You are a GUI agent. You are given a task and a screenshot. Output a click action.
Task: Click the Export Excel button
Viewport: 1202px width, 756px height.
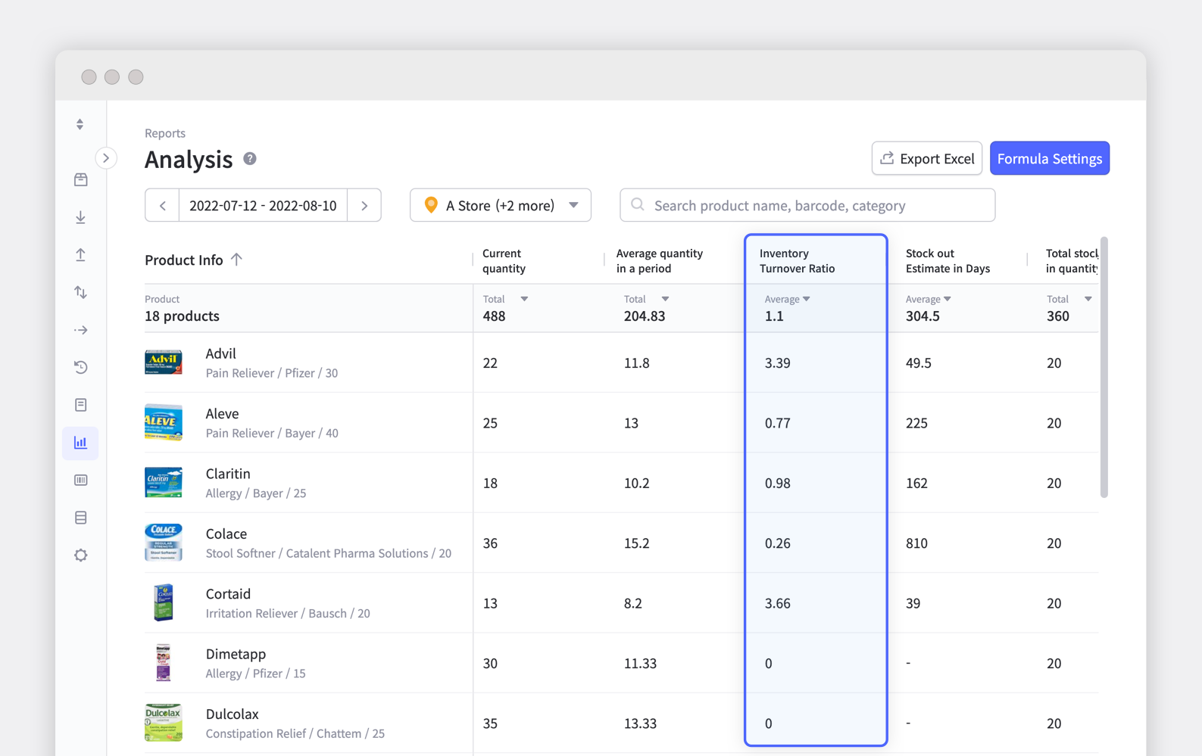coord(926,158)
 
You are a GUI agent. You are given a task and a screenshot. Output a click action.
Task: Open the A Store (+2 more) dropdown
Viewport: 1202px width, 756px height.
coord(500,205)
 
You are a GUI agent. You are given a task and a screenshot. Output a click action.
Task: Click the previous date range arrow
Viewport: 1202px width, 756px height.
coord(162,205)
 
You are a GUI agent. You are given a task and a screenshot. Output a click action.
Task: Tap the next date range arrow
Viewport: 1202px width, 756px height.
coord(364,205)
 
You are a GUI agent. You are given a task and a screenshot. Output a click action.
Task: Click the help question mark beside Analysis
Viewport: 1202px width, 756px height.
coord(250,158)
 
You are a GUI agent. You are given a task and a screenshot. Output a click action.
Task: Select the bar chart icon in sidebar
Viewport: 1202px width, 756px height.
coord(80,443)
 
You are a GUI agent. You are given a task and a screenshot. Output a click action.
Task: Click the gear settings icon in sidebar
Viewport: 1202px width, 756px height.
coord(80,555)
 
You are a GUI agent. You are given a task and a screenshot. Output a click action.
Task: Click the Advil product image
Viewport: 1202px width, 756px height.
coord(164,362)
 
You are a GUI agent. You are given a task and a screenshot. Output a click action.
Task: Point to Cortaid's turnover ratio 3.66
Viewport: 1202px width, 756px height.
coord(777,603)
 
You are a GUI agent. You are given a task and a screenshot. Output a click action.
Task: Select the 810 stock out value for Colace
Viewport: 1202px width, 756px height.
coord(916,543)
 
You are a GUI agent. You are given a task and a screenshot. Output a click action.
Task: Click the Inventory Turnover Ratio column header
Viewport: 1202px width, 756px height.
coord(797,261)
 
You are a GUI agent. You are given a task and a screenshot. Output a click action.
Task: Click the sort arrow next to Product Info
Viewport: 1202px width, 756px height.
coord(236,260)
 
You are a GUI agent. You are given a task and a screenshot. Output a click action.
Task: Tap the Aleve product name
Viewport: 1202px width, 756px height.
coord(222,413)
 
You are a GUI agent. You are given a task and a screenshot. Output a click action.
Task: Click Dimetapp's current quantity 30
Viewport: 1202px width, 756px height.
coord(490,664)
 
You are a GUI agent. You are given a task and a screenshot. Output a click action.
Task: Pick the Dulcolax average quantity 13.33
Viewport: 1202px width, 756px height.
coord(640,723)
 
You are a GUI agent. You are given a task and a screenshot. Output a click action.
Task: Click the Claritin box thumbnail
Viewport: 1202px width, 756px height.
coord(164,483)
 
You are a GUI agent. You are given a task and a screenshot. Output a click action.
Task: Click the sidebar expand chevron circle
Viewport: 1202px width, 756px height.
coord(106,158)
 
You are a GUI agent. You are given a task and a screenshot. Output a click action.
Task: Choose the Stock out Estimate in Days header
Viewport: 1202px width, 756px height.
coord(948,261)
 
